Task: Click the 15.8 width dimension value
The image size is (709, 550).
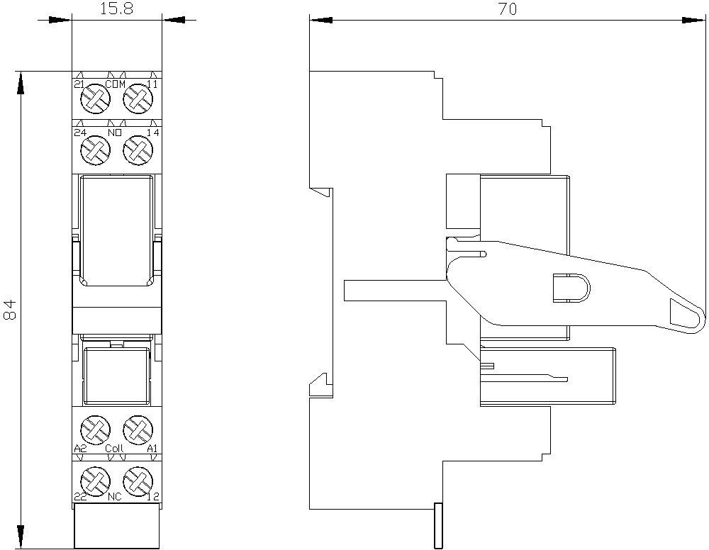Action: [x=116, y=9]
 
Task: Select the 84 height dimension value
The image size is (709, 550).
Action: [x=9, y=309]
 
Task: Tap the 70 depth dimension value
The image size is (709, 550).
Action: [x=508, y=9]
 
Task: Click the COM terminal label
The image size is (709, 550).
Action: [x=116, y=84]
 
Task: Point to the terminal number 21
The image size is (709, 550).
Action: [x=79, y=84]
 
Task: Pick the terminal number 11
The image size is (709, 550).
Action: [x=153, y=84]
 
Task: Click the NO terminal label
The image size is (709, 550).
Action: [x=115, y=133]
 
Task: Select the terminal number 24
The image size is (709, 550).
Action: [x=81, y=133]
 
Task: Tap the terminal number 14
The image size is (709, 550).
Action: [x=153, y=133]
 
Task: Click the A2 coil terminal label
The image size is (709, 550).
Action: [x=80, y=449]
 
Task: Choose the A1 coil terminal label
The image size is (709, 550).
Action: [x=152, y=449]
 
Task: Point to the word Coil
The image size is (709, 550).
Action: [x=114, y=449]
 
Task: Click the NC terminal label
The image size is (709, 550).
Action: [x=115, y=497]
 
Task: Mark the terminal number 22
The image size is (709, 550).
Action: [x=80, y=497]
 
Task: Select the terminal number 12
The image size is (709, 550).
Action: [x=153, y=497]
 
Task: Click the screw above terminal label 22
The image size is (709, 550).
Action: [x=96, y=480]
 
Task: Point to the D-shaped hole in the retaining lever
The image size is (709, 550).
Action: [x=571, y=288]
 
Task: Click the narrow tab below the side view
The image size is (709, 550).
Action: [x=437, y=525]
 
